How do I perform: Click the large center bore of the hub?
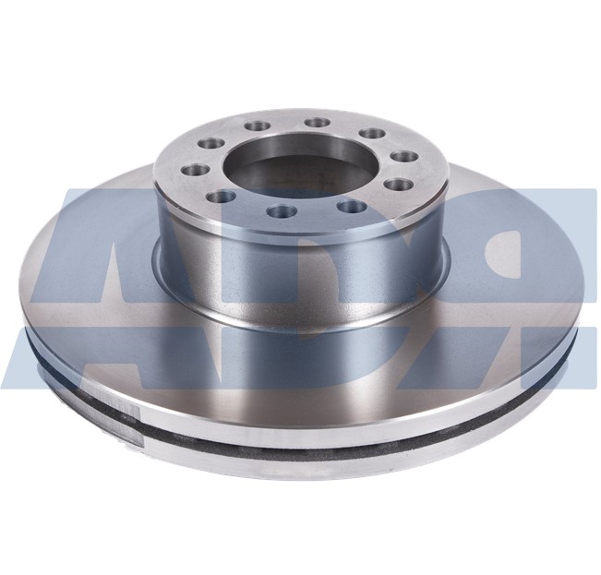(300, 172)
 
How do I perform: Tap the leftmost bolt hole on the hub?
(195, 170)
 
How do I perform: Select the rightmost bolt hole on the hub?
(398, 185)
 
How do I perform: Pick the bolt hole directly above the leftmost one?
(211, 143)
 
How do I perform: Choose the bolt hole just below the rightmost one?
(350, 206)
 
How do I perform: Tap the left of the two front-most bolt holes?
(281, 211)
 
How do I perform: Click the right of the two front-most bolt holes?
(350, 206)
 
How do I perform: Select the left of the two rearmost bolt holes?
(258, 126)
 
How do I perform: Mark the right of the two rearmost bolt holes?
(318, 122)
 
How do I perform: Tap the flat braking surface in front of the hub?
(305, 378)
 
